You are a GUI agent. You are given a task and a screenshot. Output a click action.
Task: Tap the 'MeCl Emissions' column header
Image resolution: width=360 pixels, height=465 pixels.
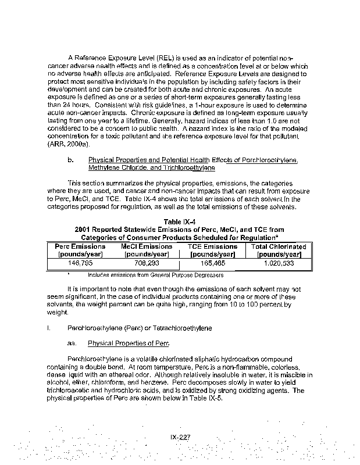(x=148, y=246)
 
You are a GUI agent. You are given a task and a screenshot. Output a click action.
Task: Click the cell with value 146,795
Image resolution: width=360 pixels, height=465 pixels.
(x=80, y=263)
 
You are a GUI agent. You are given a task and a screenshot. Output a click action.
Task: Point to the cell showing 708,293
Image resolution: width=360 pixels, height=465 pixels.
(x=148, y=263)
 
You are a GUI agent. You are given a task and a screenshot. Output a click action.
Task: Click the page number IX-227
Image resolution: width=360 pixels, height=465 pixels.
(x=180, y=437)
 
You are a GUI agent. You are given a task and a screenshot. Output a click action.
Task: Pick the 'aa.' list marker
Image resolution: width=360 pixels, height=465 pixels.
(x=73, y=343)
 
